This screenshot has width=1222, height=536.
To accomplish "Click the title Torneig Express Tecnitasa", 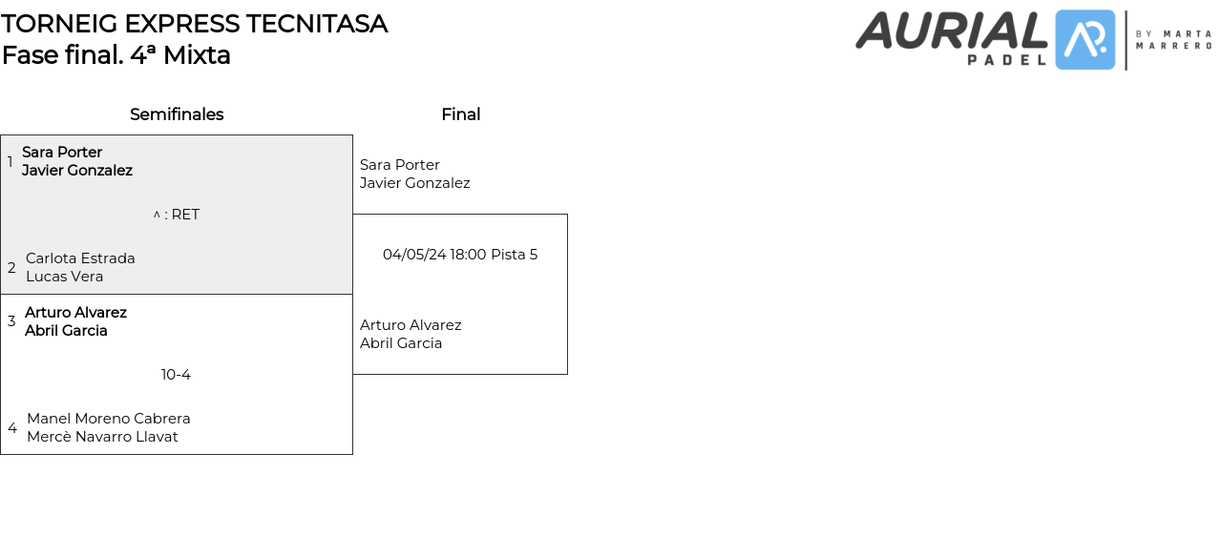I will coord(194,24).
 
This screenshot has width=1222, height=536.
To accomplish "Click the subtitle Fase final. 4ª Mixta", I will coord(116,55).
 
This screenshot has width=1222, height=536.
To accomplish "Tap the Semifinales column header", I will coord(177,114).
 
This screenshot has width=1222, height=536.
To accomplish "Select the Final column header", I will coord(460,114).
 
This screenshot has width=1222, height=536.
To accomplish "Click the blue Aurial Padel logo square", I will coord(1085,40).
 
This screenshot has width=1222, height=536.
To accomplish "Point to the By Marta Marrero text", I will coord(1173,39).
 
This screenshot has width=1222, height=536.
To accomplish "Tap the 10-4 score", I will coord(176,375).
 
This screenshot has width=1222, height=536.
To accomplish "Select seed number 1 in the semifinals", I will coord(11,162).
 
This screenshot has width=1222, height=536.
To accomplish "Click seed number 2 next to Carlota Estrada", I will coord(11,268).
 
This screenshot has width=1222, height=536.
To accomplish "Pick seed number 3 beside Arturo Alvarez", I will coord(11,321).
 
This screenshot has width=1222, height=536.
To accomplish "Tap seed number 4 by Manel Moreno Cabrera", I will coord(12,428).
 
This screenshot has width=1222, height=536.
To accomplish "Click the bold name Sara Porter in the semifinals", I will coord(62,153).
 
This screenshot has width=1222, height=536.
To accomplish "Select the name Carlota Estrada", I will coord(80,258).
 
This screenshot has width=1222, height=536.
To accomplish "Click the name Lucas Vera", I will coord(64,277).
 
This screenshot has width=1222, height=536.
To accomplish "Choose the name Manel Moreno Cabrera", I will coord(108,419).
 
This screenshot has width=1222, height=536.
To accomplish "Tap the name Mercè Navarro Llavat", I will coord(102,437).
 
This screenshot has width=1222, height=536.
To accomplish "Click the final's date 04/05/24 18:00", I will coord(434,255).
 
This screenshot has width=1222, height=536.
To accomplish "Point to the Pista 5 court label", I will coord(514,255).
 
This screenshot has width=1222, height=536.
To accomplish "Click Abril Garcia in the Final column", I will coord(401,343).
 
